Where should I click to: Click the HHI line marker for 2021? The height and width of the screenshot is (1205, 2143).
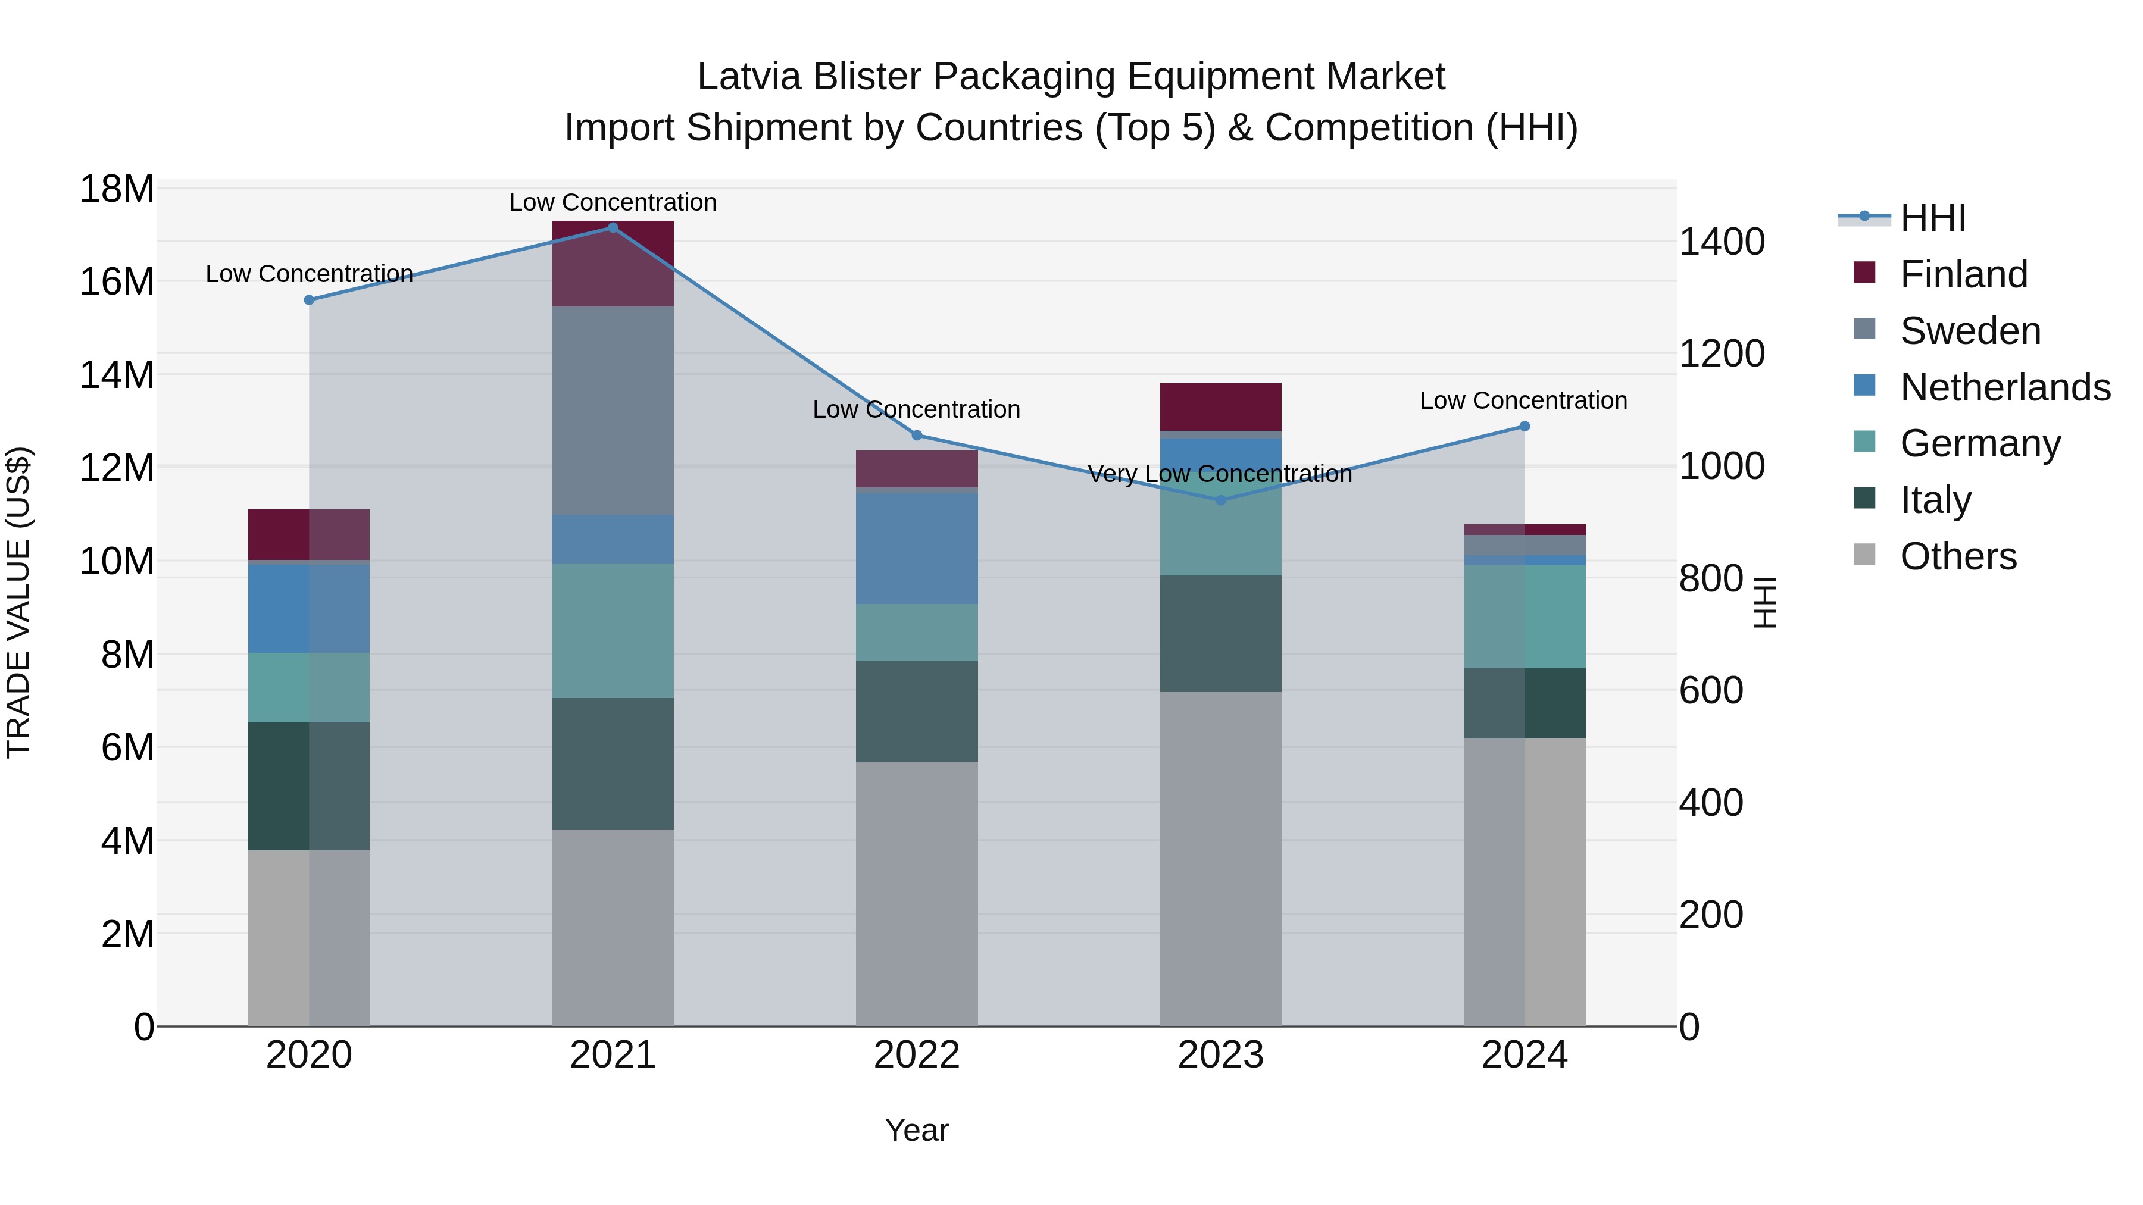(x=613, y=228)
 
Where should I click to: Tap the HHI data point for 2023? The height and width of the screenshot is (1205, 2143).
(x=1220, y=500)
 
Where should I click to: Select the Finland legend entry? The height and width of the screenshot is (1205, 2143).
(x=1963, y=274)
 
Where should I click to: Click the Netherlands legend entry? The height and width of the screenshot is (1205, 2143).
(x=2004, y=387)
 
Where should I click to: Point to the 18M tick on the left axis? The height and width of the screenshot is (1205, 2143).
(x=117, y=190)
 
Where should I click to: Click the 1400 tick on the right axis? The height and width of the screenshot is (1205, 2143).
(x=1721, y=242)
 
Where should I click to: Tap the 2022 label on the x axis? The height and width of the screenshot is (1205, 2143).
(x=916, y=1055)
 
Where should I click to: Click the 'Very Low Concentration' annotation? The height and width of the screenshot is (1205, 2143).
(x=1220, y=474)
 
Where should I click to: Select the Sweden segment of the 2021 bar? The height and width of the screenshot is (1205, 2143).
(x=613, y=410)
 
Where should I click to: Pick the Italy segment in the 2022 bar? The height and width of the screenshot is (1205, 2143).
(x=916, y=711)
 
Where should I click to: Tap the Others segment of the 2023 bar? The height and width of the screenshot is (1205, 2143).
(x=1220, y=858)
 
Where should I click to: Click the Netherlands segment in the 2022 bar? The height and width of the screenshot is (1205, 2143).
(x=916, y=548)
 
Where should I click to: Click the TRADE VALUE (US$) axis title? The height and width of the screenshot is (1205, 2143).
(x=18, y=602)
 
